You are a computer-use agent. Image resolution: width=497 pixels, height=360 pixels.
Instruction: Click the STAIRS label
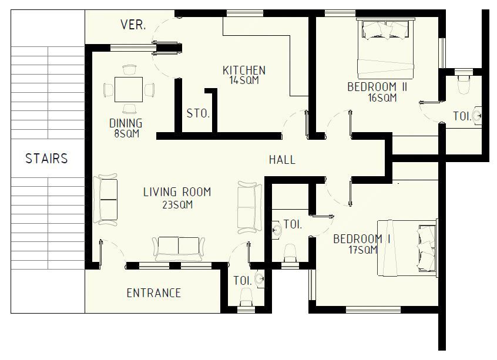pyautogui.click(x=46, y=159)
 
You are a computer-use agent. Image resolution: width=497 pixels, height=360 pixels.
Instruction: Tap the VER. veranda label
pyautogui.click(x=133, y=25)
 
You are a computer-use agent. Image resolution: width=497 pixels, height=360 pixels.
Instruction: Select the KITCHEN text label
pyautogui.click(x=244, y=70)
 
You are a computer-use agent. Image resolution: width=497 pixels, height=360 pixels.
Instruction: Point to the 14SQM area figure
pyautogui.click(x=244, y=80)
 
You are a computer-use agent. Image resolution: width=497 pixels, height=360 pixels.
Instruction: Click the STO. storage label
pyautogui.click(x=198, y=113)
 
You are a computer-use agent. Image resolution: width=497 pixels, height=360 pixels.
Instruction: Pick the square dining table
pyautogui.click(x=129, y=89)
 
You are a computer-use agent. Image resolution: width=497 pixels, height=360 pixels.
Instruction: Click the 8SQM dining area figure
pyautogui.click(x=127, y=133)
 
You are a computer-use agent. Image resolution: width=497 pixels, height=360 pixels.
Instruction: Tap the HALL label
pyautogui.click(x=282, y=159)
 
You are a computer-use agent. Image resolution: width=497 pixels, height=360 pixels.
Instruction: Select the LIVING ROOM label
pyautogui.click(x=177, y=192)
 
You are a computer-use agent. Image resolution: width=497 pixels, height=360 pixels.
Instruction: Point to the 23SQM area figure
pyautogui.click(x=177, y=205)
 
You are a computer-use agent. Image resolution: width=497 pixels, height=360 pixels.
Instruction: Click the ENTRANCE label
pyautogui.click(x=154, y=293)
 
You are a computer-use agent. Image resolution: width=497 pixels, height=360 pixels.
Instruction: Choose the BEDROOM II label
pyautogui.click(x=377, y=87)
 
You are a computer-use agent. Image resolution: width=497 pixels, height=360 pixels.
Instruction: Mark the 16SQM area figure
pyautogui.click(x=382, y=97)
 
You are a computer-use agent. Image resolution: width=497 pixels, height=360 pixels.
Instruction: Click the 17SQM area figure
pyautogui.click(x=363, y=250)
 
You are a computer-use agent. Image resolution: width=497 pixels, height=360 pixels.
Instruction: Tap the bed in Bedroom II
pyautogui.click(x=386, y=49)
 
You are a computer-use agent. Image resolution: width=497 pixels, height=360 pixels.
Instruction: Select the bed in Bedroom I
pyautogui.click(x=408, y=248)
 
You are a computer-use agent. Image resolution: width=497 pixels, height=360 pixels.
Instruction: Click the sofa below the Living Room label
pyautogui.click(x=179, y=248)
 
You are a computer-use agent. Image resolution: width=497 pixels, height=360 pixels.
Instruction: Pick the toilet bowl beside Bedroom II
pyautogui.click(x=464, y=84)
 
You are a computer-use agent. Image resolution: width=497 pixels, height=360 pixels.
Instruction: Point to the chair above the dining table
pyautogui.click(x=129, y=70)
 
